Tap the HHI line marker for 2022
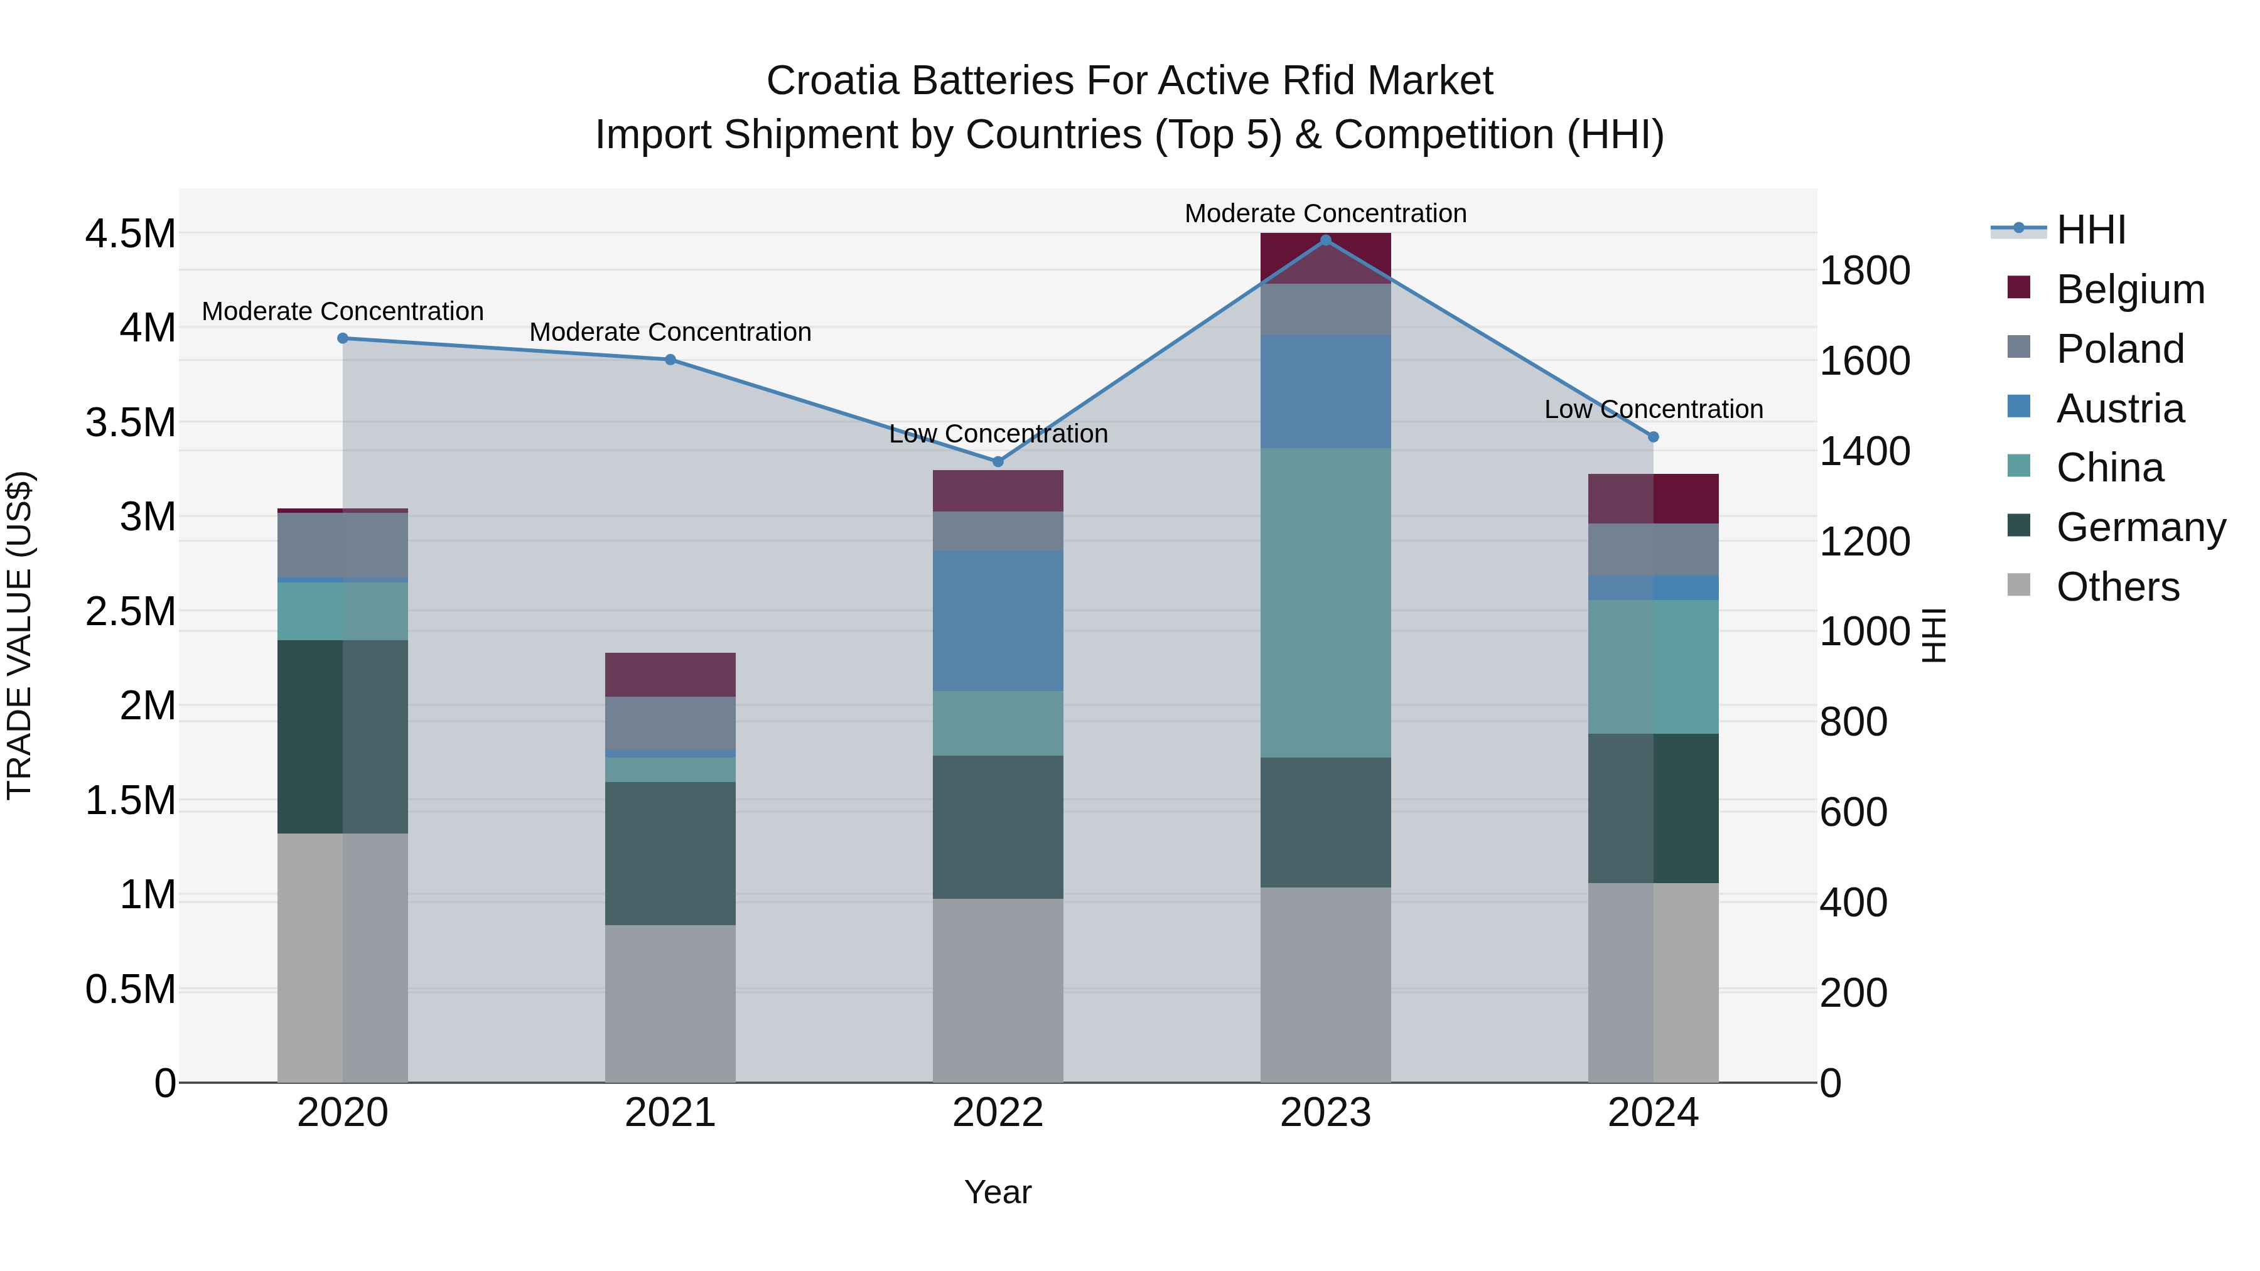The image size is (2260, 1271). pyautogui.click(x=998, y=461)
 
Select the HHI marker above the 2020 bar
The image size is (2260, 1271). pyautogui.click(x=343, y=338)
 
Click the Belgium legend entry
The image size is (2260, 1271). pyautogui.click(x=2129, y=289)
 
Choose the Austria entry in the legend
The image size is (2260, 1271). pyautogui.click(x=2119, y=409)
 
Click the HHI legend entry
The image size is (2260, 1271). pyautogui.click(x=2090, y=230)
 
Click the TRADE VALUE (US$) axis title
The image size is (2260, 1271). pyautogui.click(x=19, y=635)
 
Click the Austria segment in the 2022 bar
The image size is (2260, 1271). pyautogui.click(x=998, y=621)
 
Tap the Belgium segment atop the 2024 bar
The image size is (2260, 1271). pyautogui.click(x=1653, y=498)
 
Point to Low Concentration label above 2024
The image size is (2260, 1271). pyautogui.click(x=1653, y=410)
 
